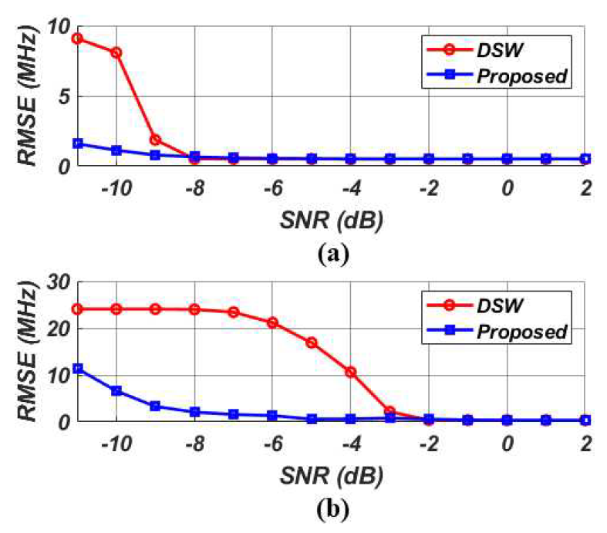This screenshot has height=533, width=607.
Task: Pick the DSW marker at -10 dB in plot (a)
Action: (116, 52)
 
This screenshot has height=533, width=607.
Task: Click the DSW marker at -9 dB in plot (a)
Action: (155, 140)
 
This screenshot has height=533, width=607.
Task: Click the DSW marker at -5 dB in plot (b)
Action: (312, 342)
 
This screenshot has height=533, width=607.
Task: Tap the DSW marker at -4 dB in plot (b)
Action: (351, 372)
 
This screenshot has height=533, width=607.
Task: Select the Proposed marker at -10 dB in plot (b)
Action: (116, 391)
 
